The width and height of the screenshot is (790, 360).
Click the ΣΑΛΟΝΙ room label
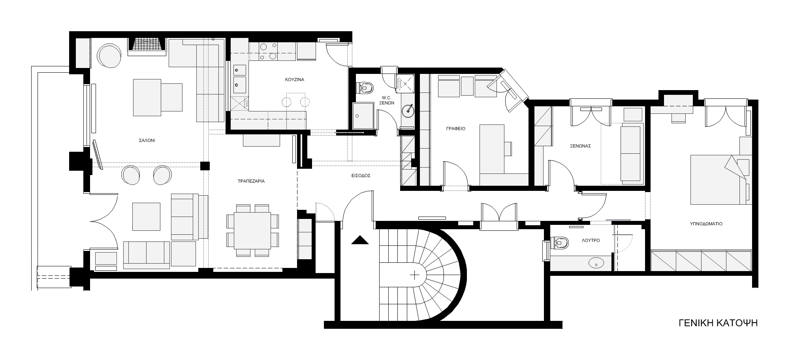tap(147, 140)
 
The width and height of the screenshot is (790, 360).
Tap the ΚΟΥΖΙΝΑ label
tap(295, 80)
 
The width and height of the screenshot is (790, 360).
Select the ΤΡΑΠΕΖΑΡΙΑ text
tap(251, 181)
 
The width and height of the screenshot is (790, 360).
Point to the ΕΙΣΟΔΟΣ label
tap(361, 175)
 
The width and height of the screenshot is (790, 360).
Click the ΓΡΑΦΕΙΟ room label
tap(456, 129)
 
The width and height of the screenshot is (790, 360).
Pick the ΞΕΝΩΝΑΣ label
tap(580, 146)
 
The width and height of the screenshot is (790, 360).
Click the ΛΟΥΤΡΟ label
tap(591, 240)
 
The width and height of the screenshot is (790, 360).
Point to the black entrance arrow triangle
tap(360, 240)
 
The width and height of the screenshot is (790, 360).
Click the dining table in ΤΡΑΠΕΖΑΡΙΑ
tap(252, 230)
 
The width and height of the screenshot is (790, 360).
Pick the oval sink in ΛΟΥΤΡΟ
tap(596, 262)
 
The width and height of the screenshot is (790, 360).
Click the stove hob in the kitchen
tap(268, 52)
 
